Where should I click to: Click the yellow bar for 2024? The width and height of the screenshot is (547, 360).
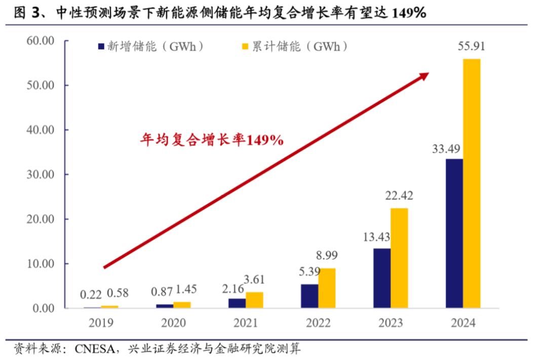click(472, 183)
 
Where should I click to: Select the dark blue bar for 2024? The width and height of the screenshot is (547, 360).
click(454, 233)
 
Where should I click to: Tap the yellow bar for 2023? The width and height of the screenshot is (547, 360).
click(399, 258)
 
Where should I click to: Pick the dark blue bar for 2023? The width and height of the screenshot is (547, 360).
click(382, 278)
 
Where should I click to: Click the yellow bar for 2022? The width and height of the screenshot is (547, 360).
click(327, 288)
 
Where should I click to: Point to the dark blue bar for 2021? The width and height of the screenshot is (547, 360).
click(237, 303)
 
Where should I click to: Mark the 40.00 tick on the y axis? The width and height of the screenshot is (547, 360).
click(41, 130)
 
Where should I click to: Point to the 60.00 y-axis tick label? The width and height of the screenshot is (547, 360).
click(41, 41)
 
